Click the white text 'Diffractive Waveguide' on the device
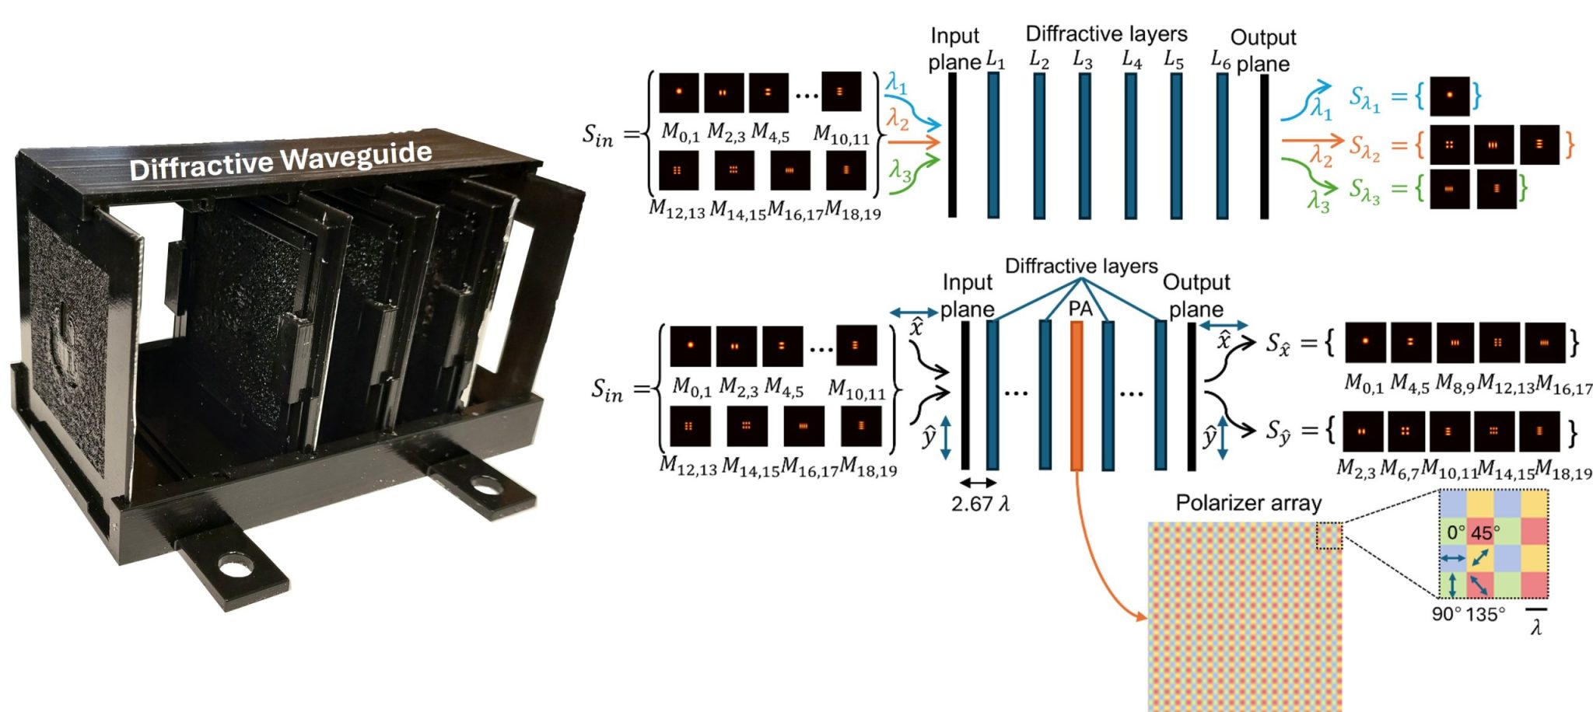(280, 161)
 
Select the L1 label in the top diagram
(995, 59)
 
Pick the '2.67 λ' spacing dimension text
(979, 504)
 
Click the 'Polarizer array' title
(1248, 503)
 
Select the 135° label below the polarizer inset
(1484, 614)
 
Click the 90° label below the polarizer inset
(1446, 614)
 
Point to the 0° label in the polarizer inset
(1455, 533)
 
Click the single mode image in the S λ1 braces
(1449, 96)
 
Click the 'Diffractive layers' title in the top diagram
(1105, 33)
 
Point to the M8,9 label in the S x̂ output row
(1455, 383)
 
